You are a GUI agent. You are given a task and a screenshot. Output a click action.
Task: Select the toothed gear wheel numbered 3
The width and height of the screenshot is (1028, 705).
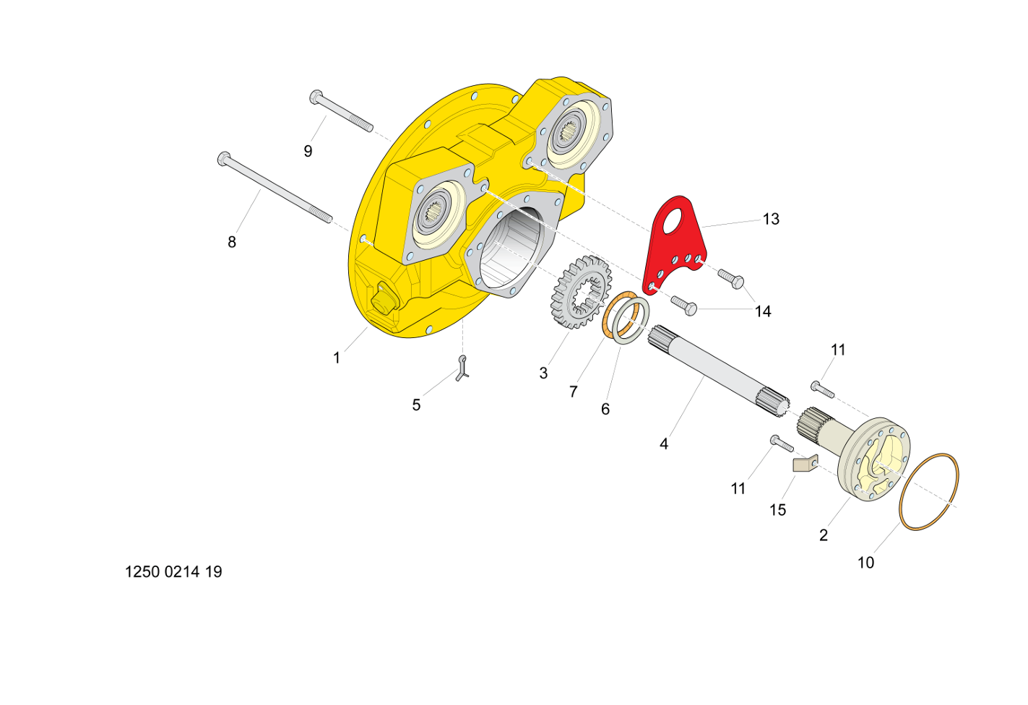[582, 292]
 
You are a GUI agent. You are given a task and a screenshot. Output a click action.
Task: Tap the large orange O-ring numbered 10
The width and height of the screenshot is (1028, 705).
[928, 492]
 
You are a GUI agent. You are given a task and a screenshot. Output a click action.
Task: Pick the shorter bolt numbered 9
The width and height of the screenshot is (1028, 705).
[341, 111]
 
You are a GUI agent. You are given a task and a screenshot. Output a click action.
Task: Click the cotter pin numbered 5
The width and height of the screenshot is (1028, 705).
[462, 368]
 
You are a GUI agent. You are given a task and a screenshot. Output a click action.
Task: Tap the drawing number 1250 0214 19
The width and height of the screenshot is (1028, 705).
[173, 571]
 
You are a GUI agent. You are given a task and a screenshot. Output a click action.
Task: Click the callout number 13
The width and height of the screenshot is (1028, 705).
[771, 219]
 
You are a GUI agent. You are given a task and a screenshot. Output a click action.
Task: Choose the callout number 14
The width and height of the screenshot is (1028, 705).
[763, 311]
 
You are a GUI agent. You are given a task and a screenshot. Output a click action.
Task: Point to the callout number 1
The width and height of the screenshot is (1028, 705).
[337, 358]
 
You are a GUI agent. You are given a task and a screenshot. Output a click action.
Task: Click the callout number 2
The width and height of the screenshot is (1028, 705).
[824, 535]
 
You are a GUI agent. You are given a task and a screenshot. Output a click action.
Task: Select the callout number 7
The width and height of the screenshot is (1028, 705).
[573, 392]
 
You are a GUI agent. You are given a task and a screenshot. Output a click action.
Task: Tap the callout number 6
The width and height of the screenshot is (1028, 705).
[605, 409]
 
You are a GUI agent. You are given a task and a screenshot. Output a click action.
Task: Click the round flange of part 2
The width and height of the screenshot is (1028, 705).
[874, 459]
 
